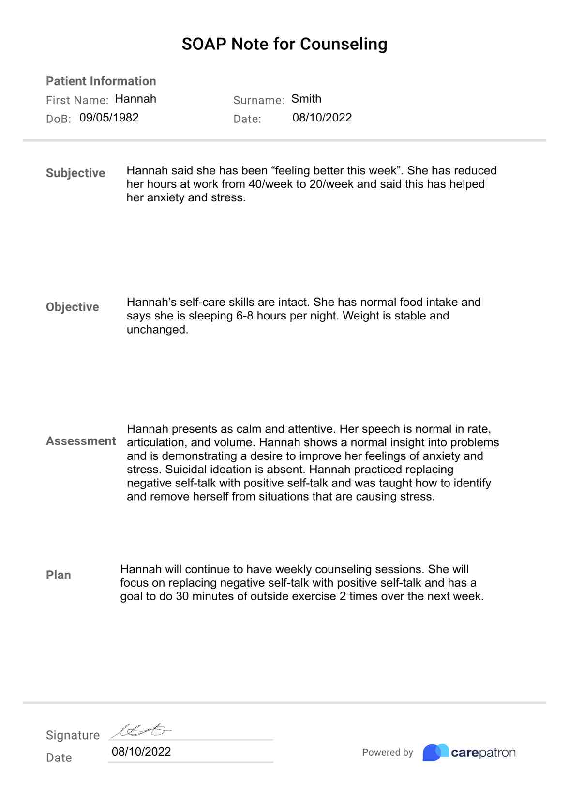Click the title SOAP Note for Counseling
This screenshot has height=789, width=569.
coord(284,44)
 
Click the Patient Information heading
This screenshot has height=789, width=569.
coord(101,81)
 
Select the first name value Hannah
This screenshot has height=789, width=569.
coord(135,99)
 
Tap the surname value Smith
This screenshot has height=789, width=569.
coord(306,99)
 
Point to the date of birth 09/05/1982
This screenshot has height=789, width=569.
coord(109,118)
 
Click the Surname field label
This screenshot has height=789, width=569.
coord(258,100)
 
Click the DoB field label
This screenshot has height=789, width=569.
coord(58,119)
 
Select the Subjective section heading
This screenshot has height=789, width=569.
coord(75,173)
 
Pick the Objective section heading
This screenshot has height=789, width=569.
coord(73,307)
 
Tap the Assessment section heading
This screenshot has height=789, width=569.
coord(81,441)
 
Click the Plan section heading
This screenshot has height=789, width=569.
coord(59,575)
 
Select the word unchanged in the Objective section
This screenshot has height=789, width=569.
coord(157,330)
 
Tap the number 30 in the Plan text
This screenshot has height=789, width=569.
coord(182,596)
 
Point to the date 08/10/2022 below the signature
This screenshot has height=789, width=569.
coord(141,751)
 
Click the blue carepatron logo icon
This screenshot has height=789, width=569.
coord(435,752)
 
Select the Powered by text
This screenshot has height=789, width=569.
coord(388,752)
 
